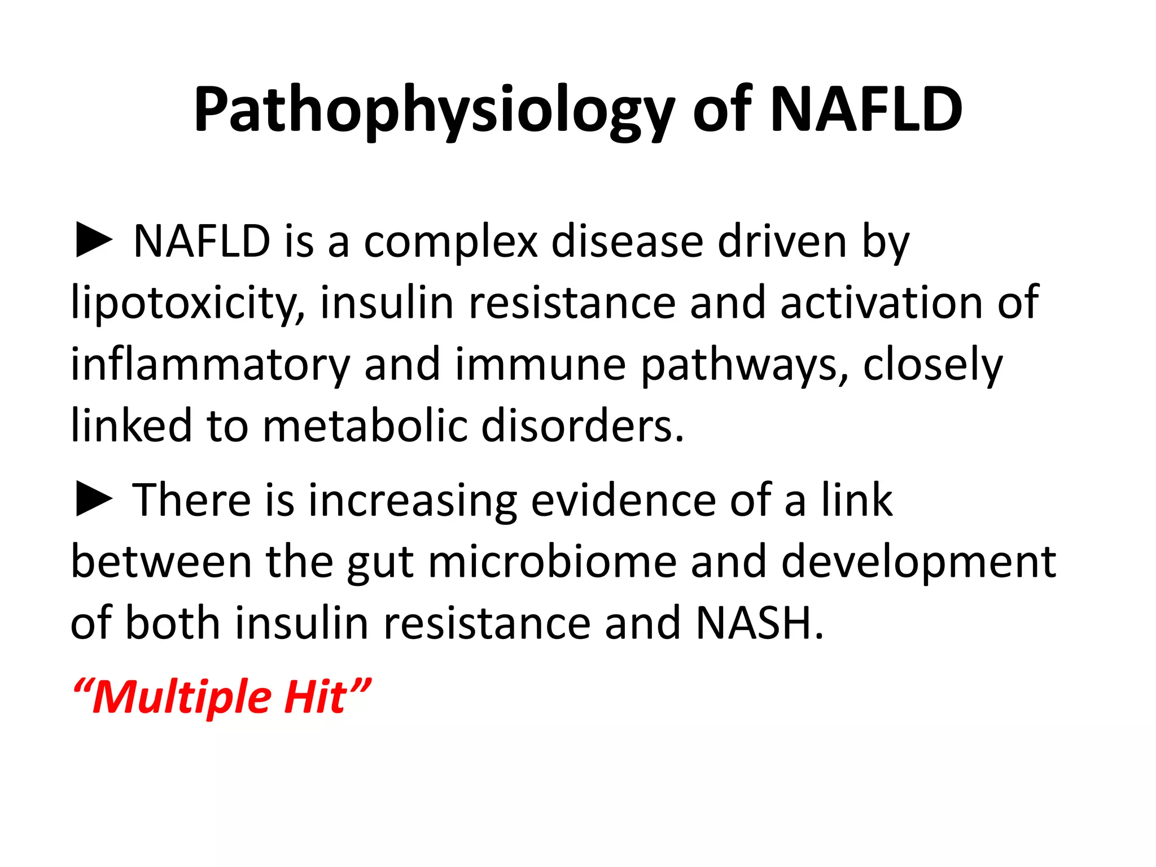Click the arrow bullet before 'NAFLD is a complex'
pos(94,241)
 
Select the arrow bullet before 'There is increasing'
pos(94,500)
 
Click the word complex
pos(450,243)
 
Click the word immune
pos(540,365)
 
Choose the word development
pos(918,563)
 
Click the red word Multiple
pos(181,698)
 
